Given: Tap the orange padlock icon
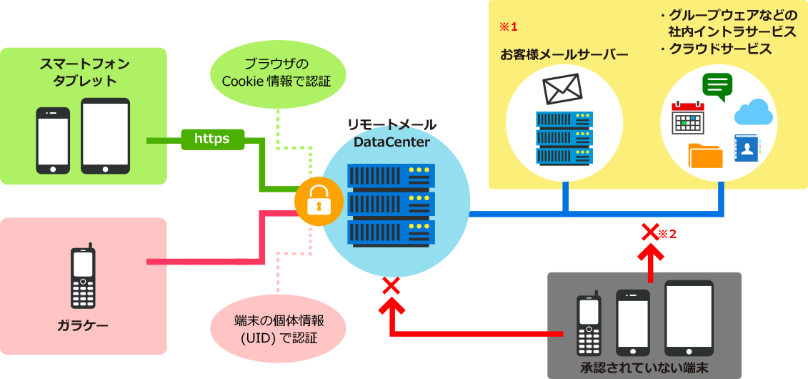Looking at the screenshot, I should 319,202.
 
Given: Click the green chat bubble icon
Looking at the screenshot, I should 717,87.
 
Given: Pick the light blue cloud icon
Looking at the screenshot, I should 754,112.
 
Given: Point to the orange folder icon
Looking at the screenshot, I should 705,155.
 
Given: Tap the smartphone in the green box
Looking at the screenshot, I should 53,140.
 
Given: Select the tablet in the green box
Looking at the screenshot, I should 105,136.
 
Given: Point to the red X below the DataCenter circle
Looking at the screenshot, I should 390,286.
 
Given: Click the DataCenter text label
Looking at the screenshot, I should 391,142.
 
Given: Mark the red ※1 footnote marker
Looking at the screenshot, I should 507,26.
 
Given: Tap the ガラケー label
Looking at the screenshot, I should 83,327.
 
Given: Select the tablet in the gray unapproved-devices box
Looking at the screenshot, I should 689,318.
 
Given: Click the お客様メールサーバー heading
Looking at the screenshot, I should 564,55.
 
